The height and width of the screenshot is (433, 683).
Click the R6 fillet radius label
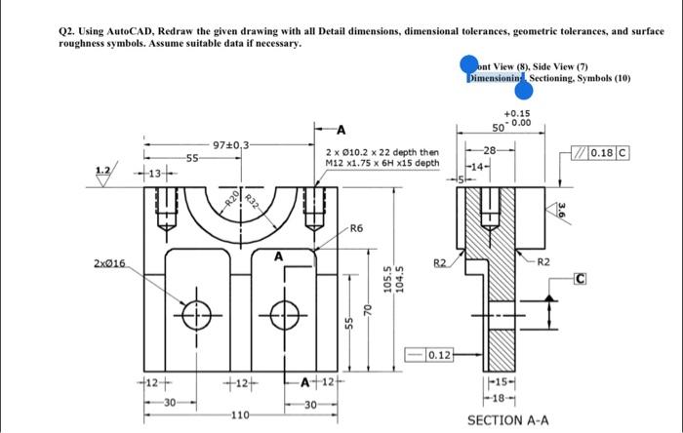[356, 227]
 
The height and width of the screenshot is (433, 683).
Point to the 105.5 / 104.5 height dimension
[392, 280]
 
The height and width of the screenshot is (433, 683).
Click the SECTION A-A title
[507, 421]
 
